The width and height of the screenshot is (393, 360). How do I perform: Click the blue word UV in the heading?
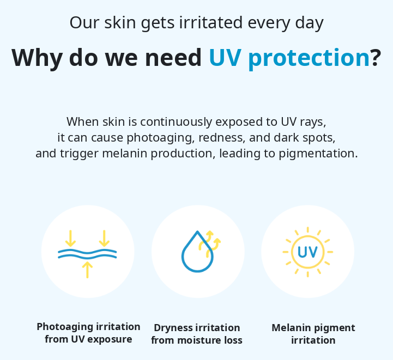[x=225, y=58]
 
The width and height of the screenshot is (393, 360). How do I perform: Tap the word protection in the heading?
[x=309, y=59]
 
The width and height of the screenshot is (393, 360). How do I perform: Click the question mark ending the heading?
[x=376, y=57]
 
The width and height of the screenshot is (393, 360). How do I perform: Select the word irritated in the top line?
[x=211, y=22]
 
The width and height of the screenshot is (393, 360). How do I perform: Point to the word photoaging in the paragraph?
[x=160, y=138]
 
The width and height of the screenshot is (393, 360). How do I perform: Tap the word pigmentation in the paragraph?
[x=318, y=154]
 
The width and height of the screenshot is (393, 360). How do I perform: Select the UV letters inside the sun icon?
[x=307, y=252]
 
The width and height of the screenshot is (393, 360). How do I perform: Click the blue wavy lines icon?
[x=87, y=254]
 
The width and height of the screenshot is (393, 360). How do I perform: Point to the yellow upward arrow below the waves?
[x=87, y=270]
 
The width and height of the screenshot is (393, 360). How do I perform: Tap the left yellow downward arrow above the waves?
[x=70, y=239]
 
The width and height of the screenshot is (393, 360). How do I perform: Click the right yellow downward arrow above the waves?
[x=104, y=239]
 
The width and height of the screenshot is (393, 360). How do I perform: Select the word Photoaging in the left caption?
[x=65, y=327]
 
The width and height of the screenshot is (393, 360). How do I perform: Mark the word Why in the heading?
[x=37, y=58]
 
